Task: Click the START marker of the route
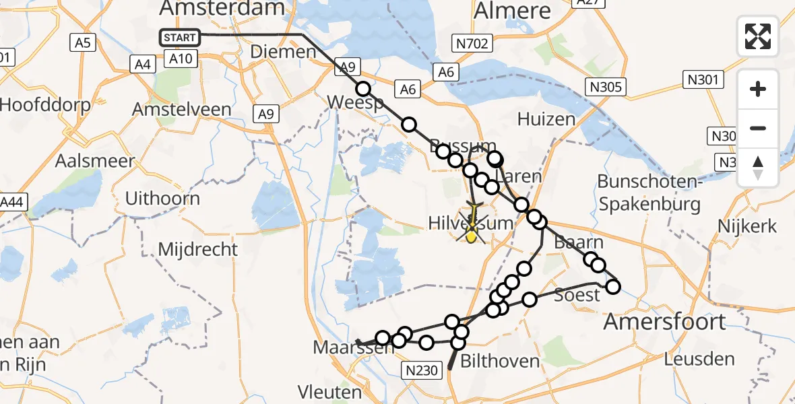180,37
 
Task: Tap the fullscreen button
758,36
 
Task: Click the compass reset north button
758,167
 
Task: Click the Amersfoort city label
664,321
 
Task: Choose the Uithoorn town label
162,199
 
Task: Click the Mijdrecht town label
197,249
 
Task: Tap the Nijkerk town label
747,226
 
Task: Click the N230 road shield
422,369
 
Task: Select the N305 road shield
606,86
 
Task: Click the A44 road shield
13,202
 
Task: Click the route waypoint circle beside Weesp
363,89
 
